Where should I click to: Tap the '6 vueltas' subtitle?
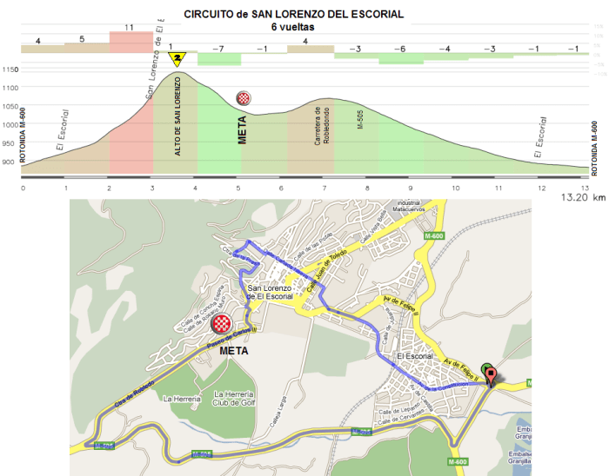coord(292,27)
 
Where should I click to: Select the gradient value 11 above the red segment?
coord(129,28)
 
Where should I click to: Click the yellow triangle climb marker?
coord(177,59)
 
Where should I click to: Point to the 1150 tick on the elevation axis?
coord(10,70)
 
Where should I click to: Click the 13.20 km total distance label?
coord(581,197)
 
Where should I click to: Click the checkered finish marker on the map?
coord(222,326)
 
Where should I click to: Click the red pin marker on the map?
coord(492,375)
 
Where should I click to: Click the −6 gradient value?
coord(399,49)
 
